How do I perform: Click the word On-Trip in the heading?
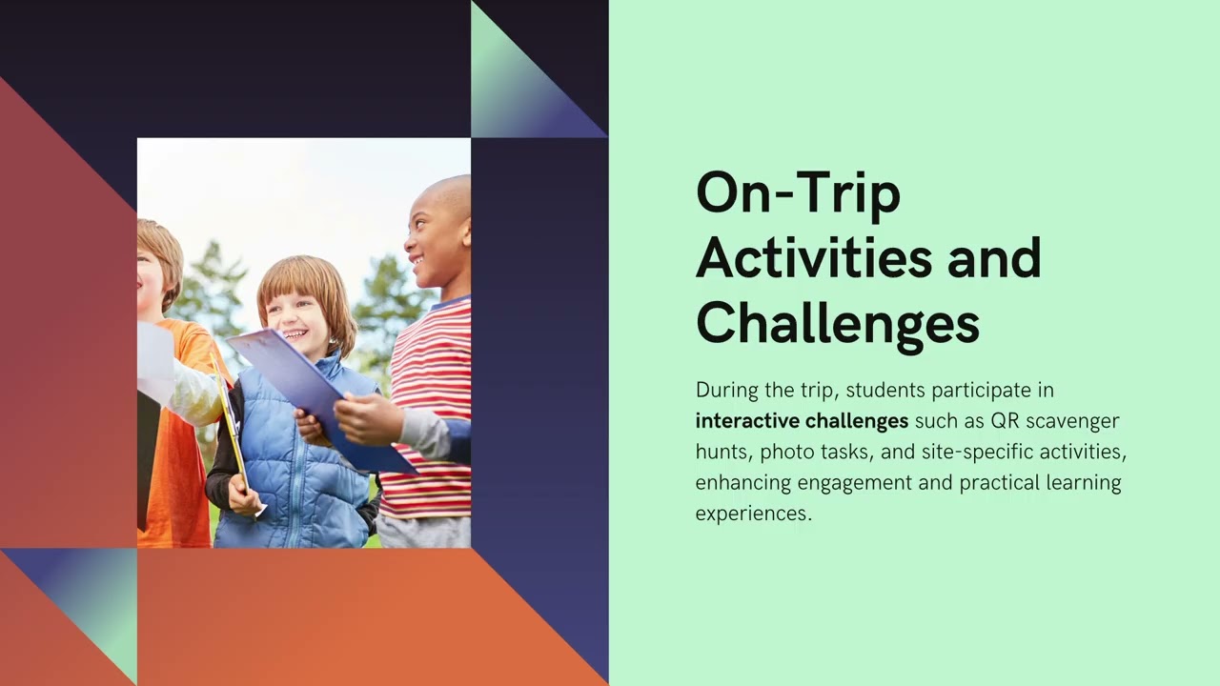point(798,194)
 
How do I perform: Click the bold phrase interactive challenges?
point(802,421)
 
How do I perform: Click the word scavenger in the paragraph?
point(1072,421)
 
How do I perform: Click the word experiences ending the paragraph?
point(753,514)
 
